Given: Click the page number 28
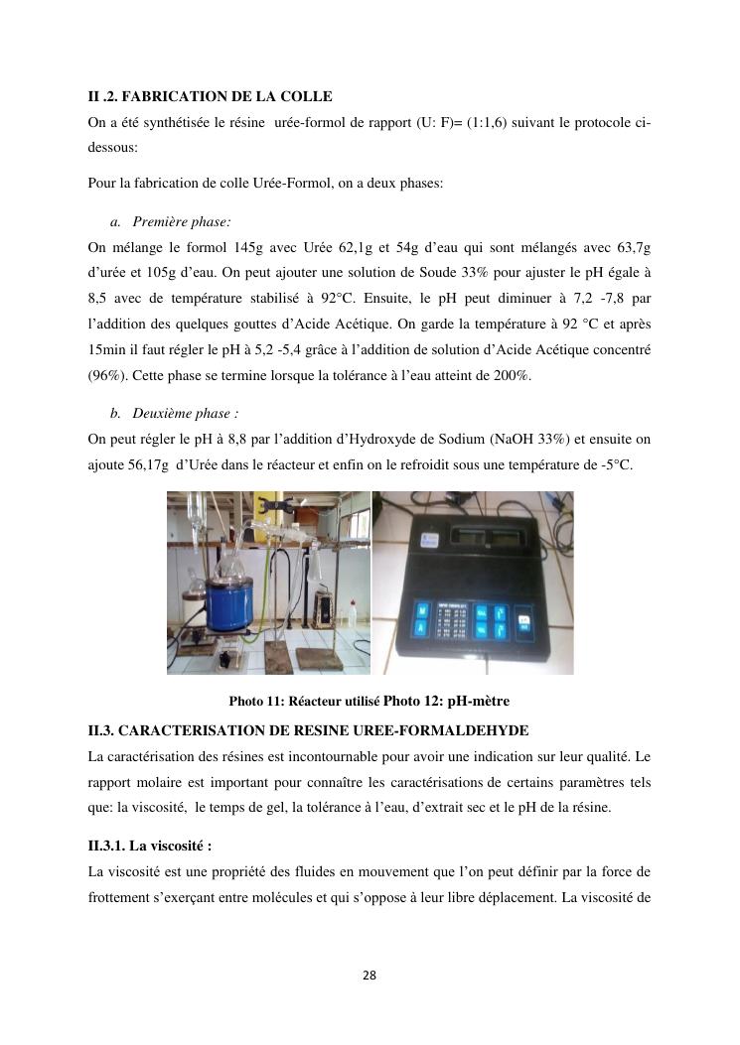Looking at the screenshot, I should click(x=370, y=976).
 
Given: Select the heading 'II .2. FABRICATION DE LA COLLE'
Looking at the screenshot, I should click(x=210, y=96).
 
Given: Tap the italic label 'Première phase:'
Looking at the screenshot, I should click(x=182, y=222).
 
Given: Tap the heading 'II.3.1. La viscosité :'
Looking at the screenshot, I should click(x=150, y=846).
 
